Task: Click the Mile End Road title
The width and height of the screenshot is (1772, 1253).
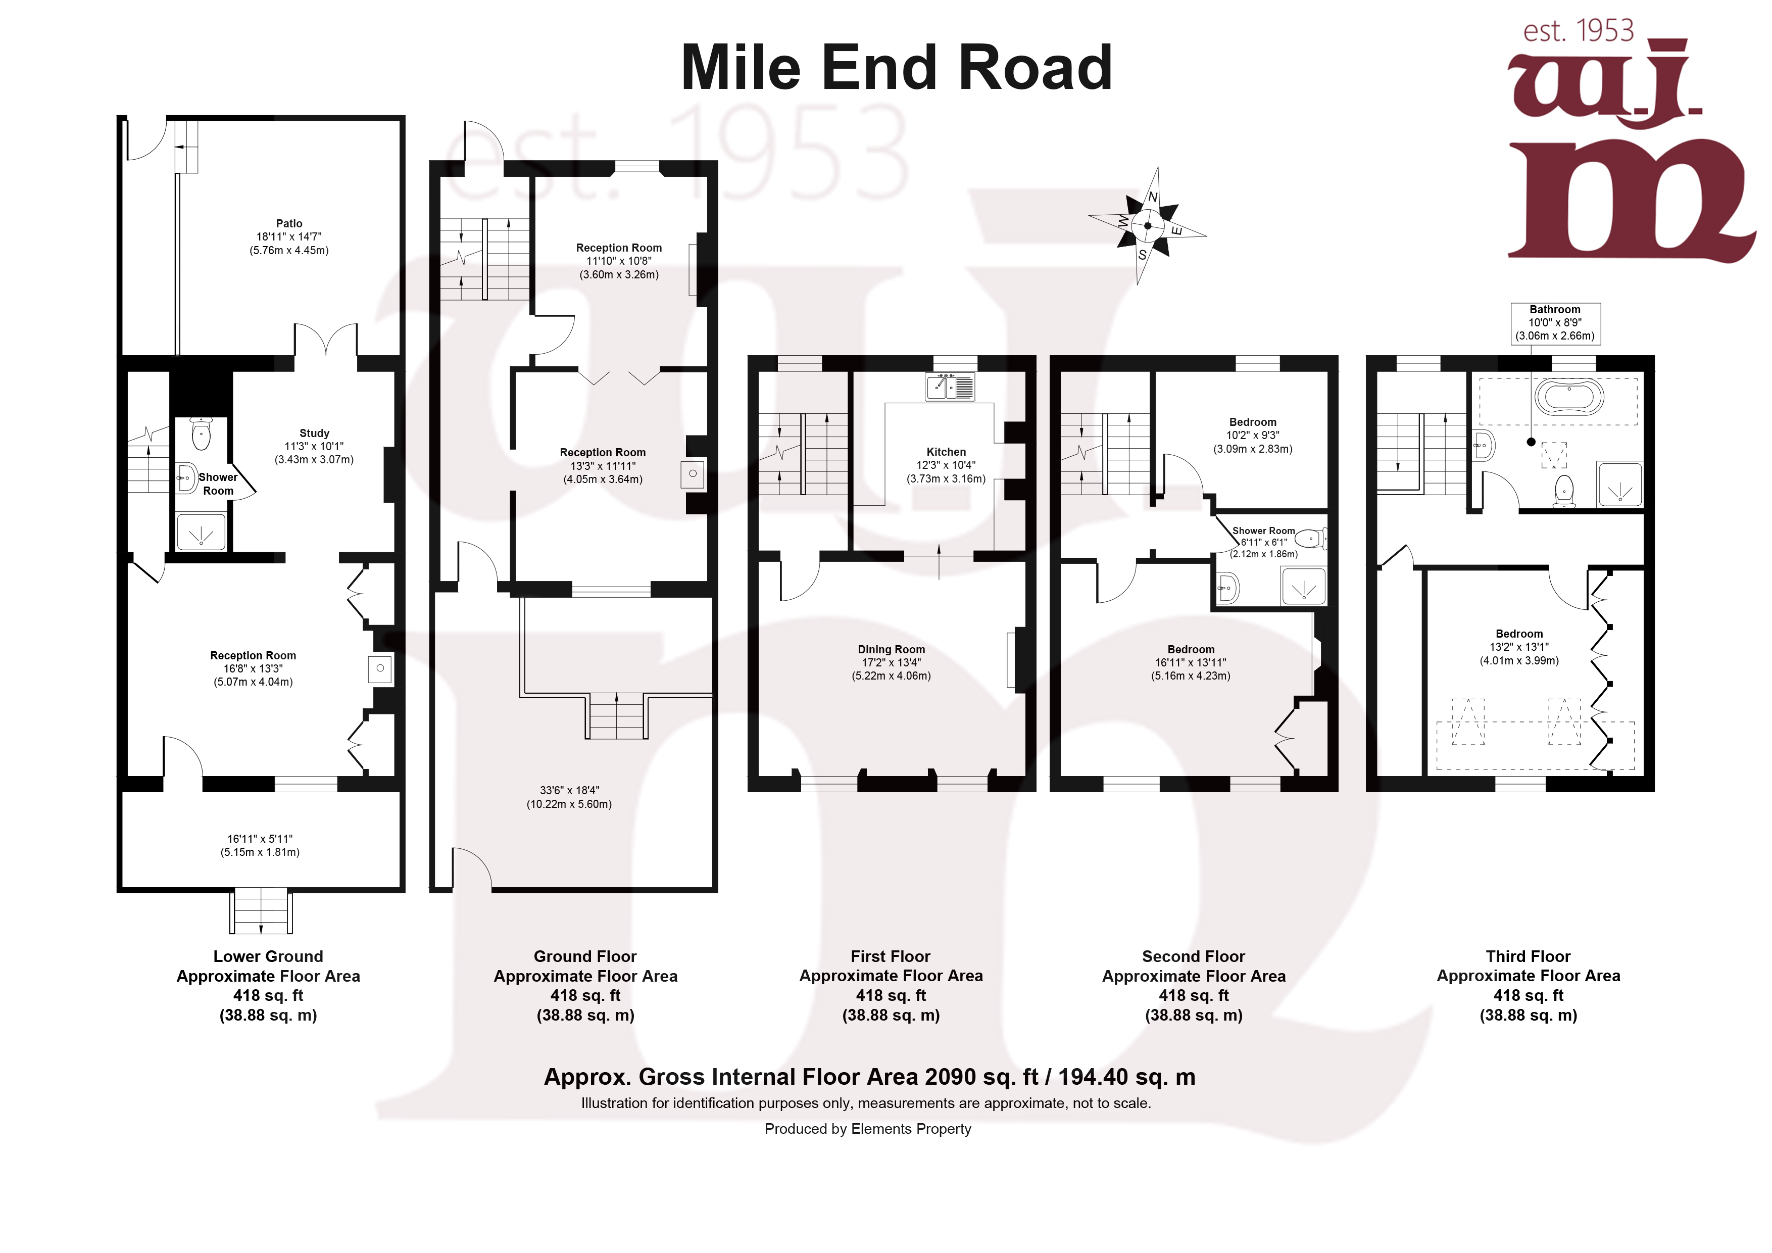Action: click(896, 68)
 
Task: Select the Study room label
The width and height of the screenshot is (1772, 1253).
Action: click(314, 433)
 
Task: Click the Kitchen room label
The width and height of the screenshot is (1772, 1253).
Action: click(946, 452)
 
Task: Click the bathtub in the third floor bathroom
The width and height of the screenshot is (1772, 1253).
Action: click(1568, 397)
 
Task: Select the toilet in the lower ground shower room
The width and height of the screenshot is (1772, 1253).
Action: click(201, 435)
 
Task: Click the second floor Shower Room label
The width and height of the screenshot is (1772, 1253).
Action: click(1263, 531)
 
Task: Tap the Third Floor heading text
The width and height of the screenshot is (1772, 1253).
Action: click(1528, 956)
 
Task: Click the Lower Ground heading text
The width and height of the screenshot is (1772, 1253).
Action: click(268, 956)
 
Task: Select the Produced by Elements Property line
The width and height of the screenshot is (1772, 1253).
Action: click(867, 1129)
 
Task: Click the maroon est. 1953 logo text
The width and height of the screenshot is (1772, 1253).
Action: click(1579, 31)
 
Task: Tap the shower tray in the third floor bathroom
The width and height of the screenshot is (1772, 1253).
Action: click(1619, 484)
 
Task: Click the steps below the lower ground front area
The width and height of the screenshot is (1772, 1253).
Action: click(261, 912)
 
